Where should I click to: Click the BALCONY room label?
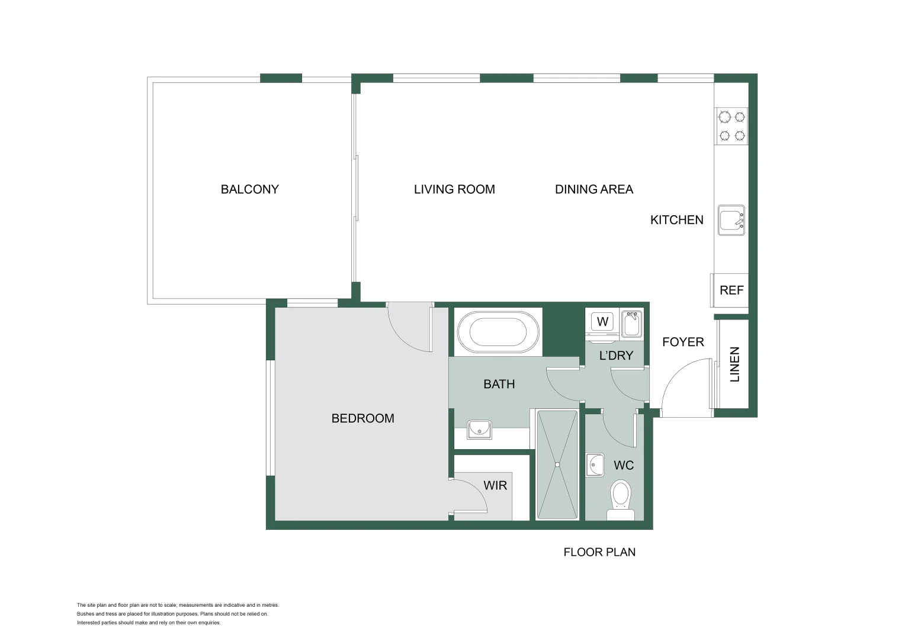click(249, 190)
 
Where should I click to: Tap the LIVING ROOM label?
click(454, 190)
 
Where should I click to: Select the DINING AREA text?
click(594, 190)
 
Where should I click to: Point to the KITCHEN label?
click(676, 220)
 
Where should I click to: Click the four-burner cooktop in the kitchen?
click(731, 126)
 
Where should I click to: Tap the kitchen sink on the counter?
click(731, 220)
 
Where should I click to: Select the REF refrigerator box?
click(731, 290)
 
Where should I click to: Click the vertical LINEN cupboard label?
click(734, 364)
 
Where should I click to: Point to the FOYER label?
click(683, 342)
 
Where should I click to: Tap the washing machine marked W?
click(602, 322)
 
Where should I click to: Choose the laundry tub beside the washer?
click(631, 324)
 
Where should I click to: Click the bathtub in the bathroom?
click(498, 332)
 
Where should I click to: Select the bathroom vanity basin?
click(479, 429)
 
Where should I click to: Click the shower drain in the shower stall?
click(557, 465)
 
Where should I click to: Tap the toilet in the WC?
click(620, 498)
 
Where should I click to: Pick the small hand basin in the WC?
click(595, 465)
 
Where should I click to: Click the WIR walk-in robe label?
click(495, 486)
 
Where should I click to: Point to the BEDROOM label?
click(362, 418)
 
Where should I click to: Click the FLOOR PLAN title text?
click(599, 552)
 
